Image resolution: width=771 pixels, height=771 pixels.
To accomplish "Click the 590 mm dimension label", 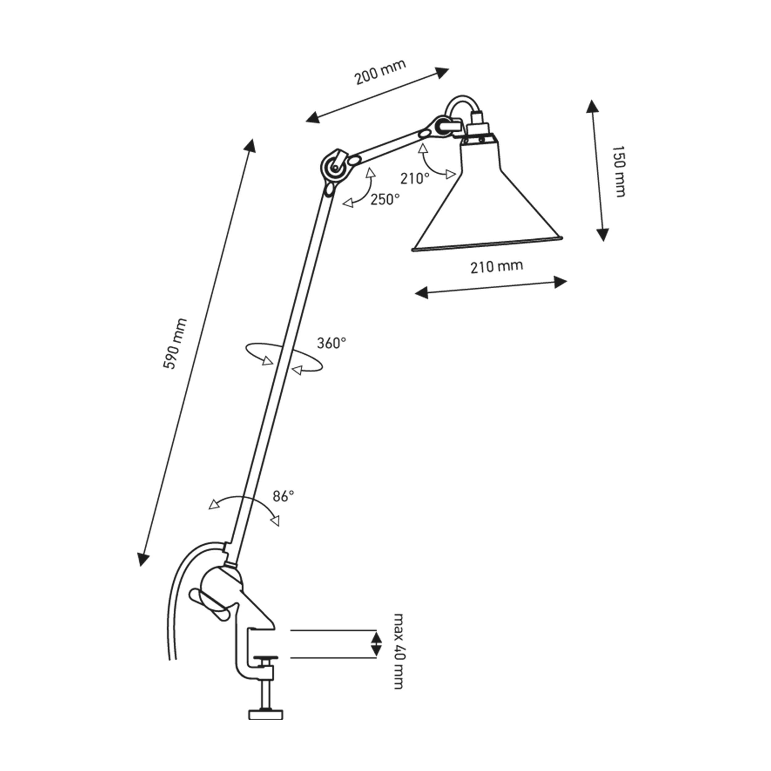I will coord(175,344).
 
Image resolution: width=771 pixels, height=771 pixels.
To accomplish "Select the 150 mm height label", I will coord(618,171).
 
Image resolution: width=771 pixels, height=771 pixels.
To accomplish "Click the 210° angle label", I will coord(415,178).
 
